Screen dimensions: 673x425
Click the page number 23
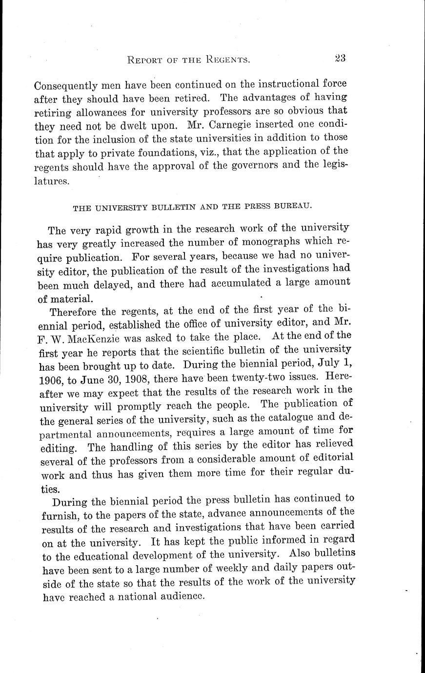coord(340,58)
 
